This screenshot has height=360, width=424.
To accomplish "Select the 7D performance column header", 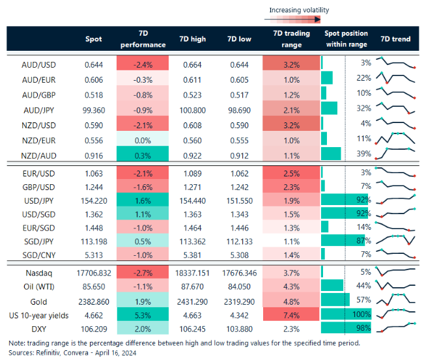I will [x=142, y=39].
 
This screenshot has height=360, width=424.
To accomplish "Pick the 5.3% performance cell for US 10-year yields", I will [x=142, y=315].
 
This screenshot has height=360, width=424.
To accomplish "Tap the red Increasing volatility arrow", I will [x=300, y=20].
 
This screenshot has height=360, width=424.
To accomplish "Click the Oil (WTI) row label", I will [x=39, y=285].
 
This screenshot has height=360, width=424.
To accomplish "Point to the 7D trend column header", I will [x=395, y=39].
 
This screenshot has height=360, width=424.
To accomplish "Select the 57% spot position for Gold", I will [x=363, y=300].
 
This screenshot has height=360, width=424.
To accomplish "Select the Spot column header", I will [x=93, y=39].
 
